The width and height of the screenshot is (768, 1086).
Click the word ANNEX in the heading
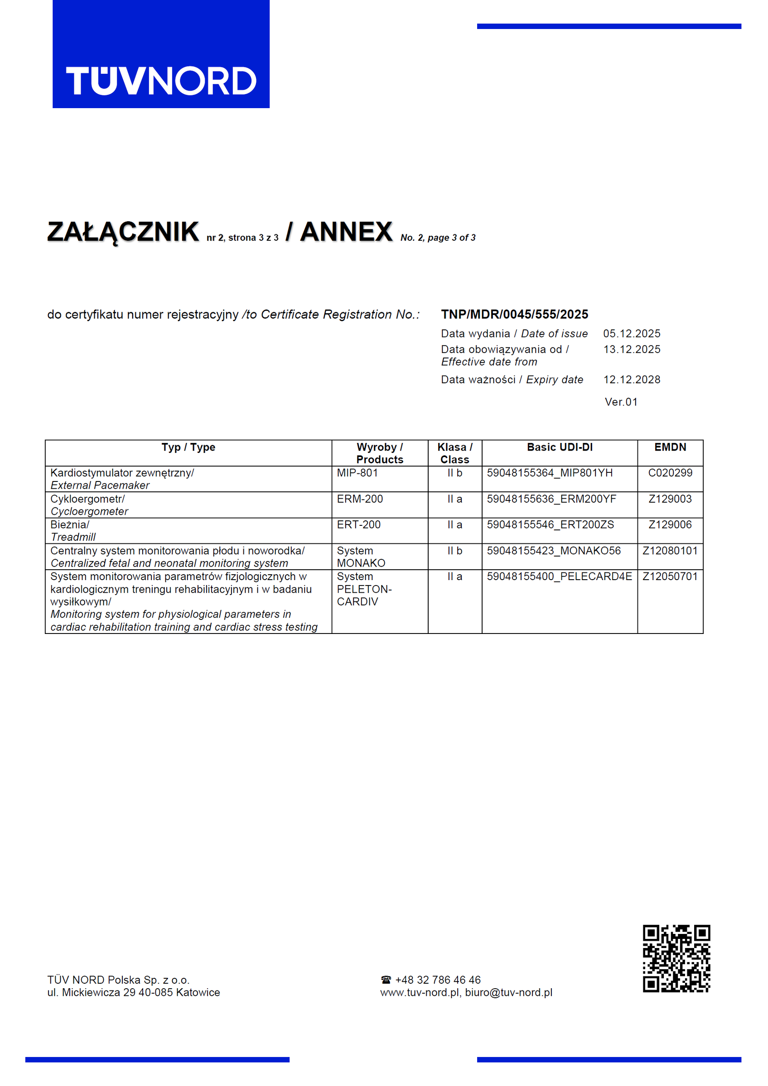pyautogui.click(x=346, y=232)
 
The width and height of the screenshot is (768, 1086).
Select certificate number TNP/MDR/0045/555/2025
pyautogui.click(x=514, y=314)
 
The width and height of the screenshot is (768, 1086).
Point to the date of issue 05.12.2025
pyautogui.click(x=631, y=333)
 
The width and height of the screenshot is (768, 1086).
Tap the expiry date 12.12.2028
pyautogui.click(x=631, y=379)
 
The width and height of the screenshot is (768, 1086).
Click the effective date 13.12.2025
pyautogui.click(x=631, y=349)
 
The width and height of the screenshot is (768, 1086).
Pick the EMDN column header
pyautogui.click(x=670, y=447)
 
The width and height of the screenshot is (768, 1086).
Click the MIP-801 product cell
pyautogui.click(x=357, y=472)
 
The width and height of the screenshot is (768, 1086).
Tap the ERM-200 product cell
pyautogui.click(x=360, y=499)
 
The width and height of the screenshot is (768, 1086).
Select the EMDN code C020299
pyautogui.click(x=670, y=472)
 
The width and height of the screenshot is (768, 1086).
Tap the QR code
pyautogui.click(x=676, y=958)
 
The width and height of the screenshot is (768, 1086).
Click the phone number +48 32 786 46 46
pyautogui.click(x=438, y=980)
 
